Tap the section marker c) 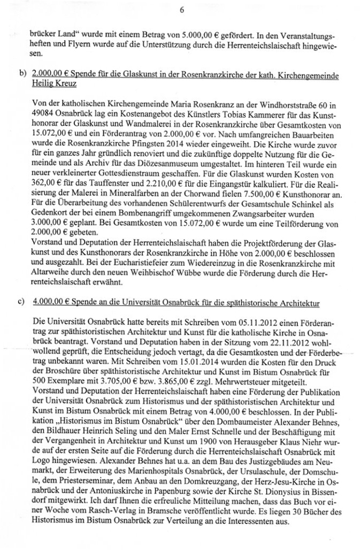point(22,303)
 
